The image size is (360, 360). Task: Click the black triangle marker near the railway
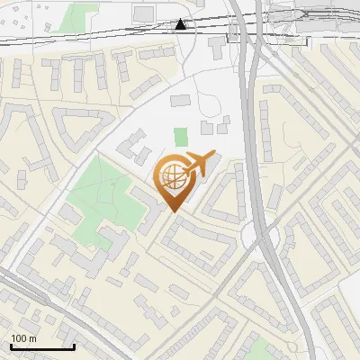(x=182, y=24)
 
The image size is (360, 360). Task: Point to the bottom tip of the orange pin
(x=173, y=211)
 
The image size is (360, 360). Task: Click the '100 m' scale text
(x=23, y=338)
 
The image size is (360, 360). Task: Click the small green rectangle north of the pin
(x=181, y=138)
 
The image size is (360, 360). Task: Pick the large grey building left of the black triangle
(x=144, y=13)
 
